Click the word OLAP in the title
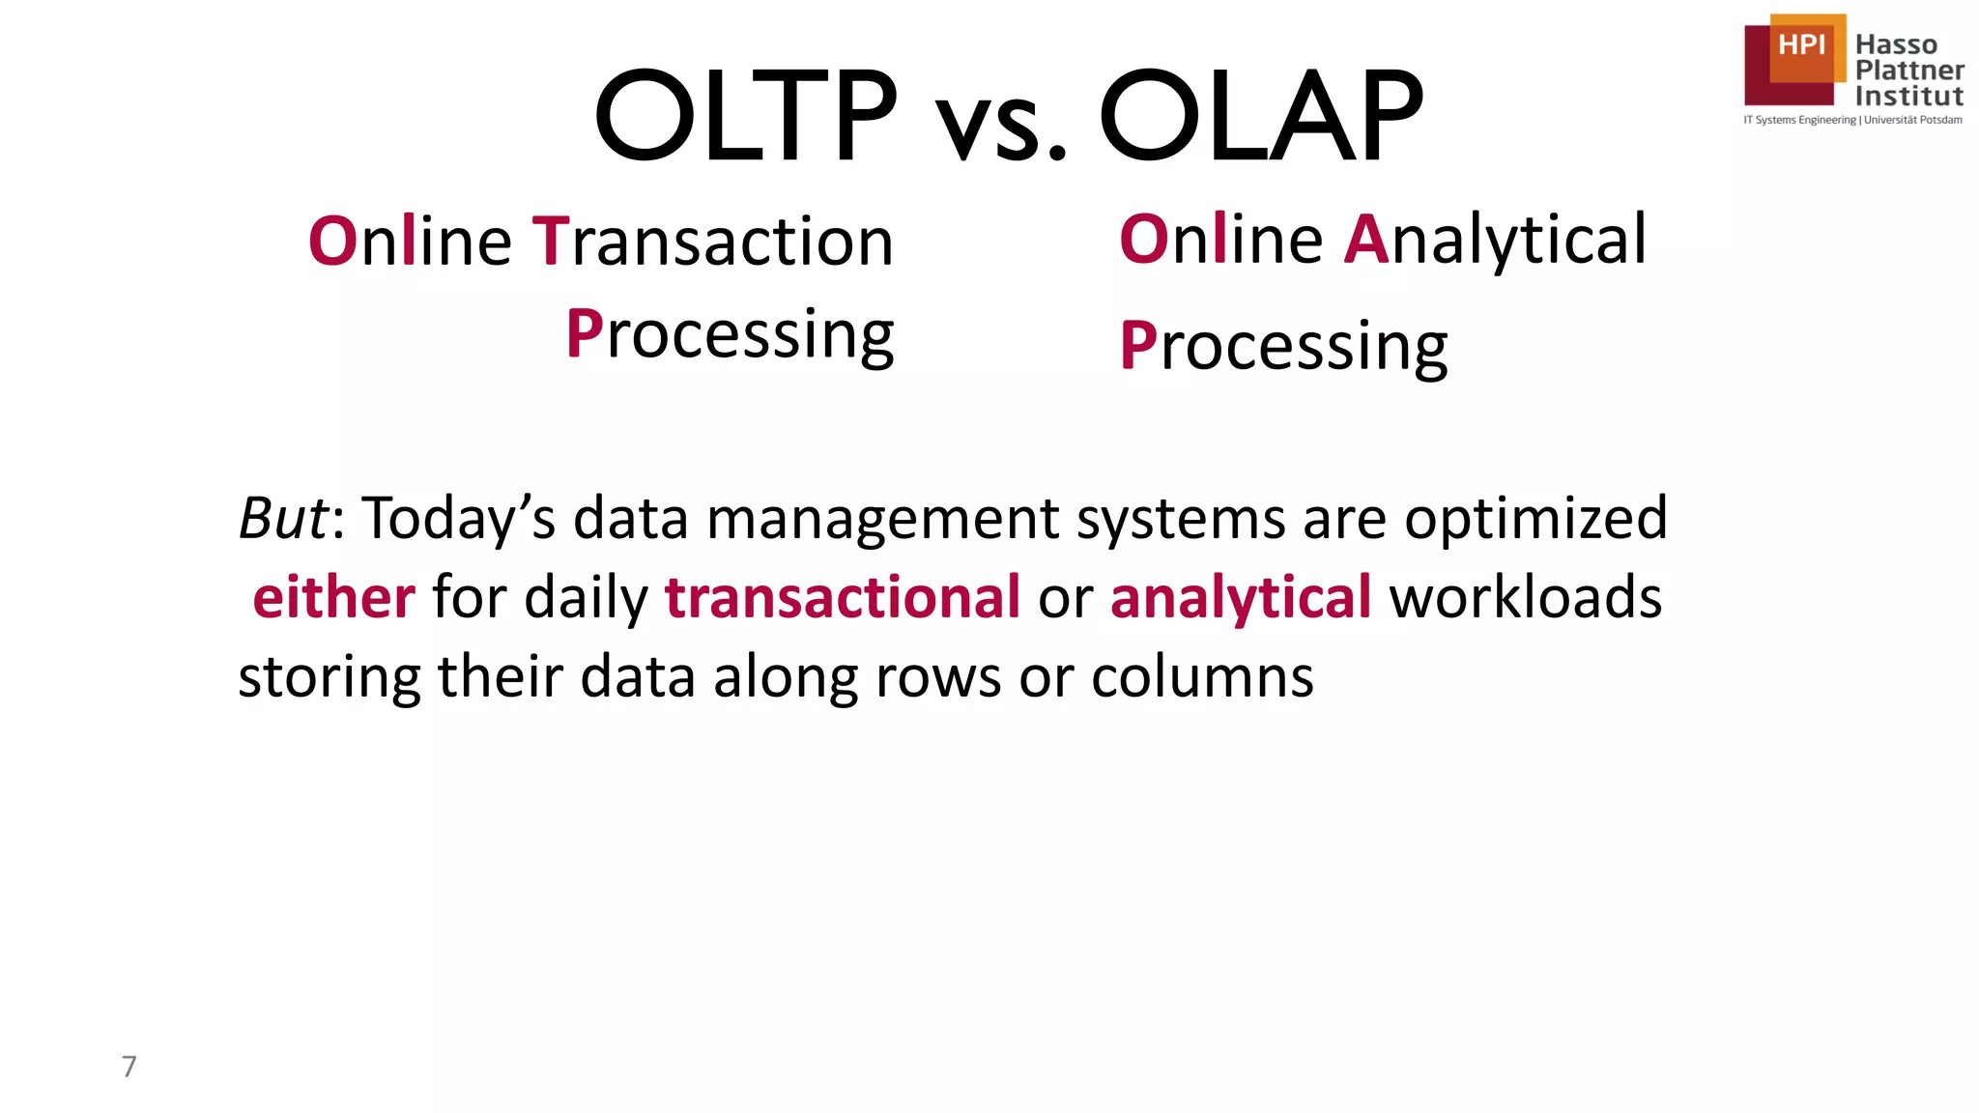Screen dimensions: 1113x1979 coord(1261,116)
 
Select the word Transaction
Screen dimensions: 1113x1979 coord(713,241)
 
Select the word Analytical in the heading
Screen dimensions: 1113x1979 coord(1495,239)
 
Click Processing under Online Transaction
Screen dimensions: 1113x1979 coord(731,335)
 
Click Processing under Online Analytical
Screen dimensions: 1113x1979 coord(1283,346)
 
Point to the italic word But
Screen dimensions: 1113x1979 coord(282,518)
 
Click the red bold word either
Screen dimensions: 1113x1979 coord(334,597)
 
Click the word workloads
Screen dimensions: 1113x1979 coord(1526,597)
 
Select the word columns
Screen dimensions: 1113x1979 coord(1202,676)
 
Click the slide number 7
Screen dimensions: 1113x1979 coord(129,1066)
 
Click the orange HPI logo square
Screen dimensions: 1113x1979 coord(1803,46)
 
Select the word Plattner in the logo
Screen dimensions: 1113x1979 coord(1909,70)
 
